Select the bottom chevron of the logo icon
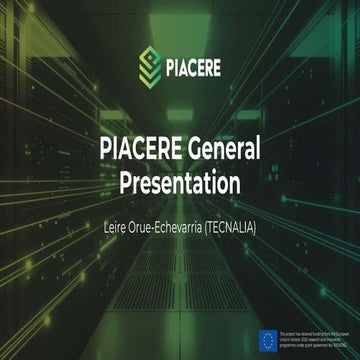150,81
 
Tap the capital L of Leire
107,228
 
